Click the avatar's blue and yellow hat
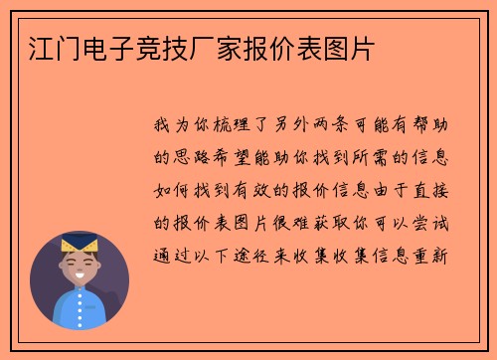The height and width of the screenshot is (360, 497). click(x=79, y=244)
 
